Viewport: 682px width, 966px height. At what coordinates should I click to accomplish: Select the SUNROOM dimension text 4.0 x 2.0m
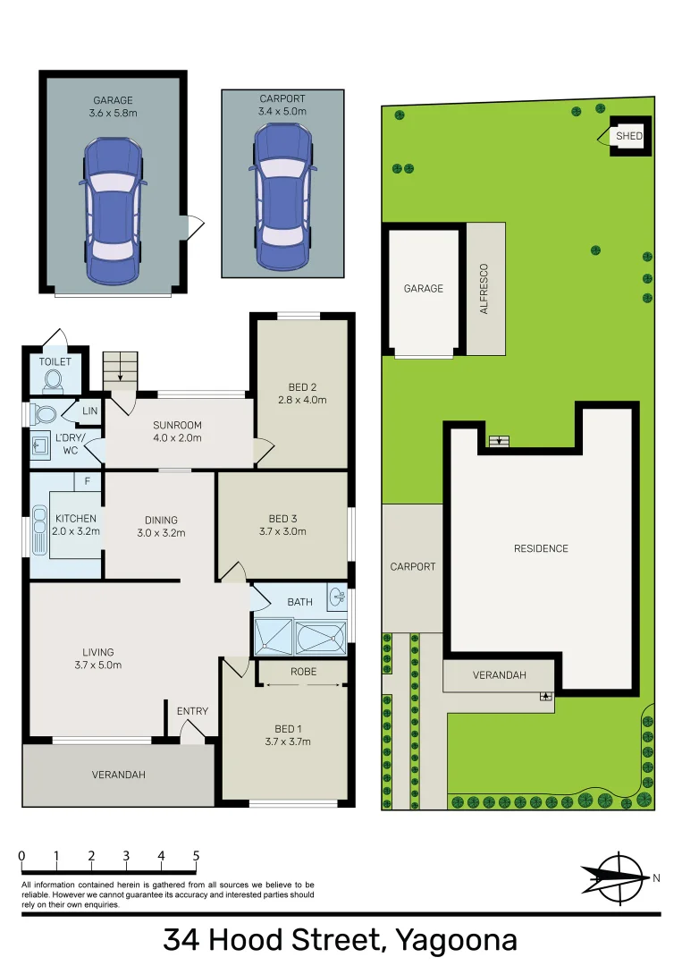[177, 438]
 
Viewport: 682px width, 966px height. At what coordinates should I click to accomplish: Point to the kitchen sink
[39, 532]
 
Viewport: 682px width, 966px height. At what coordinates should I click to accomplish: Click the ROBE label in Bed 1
[302, 671]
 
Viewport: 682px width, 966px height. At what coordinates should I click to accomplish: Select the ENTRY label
[192, 711]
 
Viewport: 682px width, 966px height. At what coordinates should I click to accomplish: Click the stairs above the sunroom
[120, 369]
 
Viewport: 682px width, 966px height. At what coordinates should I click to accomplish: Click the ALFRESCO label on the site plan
[484, 288]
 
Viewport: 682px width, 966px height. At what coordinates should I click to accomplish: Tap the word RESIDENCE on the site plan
[541, 548]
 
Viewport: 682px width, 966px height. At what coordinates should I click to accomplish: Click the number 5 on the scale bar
[196, 856]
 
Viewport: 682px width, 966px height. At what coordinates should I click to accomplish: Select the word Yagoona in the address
[456, 940]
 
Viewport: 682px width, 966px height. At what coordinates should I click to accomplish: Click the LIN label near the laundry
[89, 410]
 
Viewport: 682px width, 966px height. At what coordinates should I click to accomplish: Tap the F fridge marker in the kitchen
[87, 482]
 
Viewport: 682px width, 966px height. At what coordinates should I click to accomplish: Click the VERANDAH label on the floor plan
[118, 775]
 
